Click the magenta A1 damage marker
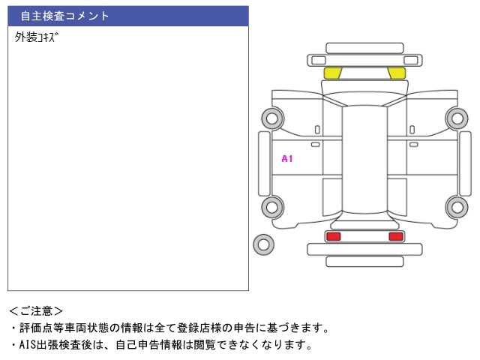[287, 158]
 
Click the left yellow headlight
[332, 73]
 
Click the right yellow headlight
[397, 73]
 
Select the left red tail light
[333, 236]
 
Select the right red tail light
[396, 236]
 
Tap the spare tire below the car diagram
[263, 244]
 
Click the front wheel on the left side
[272, 118]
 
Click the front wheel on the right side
[457, 118]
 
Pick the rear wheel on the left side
[272, 208]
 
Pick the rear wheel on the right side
[457, 208]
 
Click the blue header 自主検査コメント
[65, 16]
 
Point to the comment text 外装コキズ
[36, 37]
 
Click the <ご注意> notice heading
[36, 311]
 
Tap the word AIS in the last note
[28, 345]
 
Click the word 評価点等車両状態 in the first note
[64, 328]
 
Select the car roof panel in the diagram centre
[364, 159]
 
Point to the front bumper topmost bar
[364, 48]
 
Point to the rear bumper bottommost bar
[364, 262]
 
